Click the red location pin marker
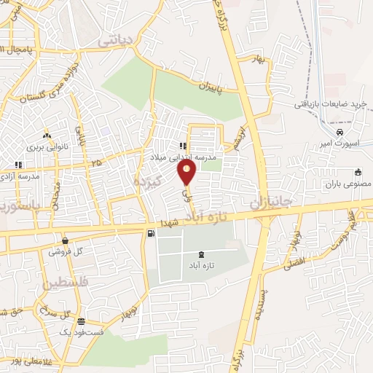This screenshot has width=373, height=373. (x=187, y=173)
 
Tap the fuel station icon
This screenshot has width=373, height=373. (x=151, y=234)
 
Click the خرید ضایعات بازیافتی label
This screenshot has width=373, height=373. (x=329, y=104)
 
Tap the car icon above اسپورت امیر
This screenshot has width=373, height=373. (x=339, y=132)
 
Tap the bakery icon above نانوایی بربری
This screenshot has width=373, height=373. (x=47, y=136)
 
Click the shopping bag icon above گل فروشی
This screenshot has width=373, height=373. (x=66, y=240)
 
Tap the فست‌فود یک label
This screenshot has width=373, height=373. (x=82, y=332)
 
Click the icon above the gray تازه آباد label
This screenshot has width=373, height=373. (x=201, y=254)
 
